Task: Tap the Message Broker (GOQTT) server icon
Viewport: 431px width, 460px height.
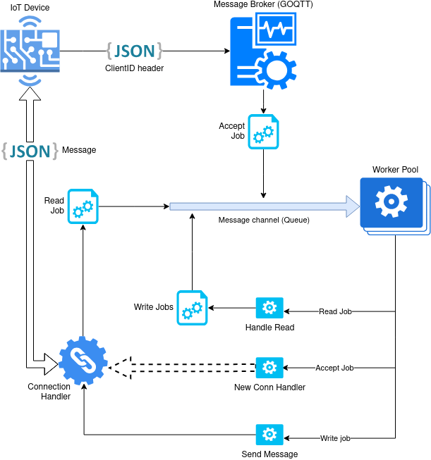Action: pos(263,53)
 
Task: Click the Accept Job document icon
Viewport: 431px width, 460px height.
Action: pos(263,132)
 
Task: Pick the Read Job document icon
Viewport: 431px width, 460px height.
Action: pos(83,206)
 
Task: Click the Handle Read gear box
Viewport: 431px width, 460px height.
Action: pos(269,308)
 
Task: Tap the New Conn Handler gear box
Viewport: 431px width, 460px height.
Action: pos(269,367)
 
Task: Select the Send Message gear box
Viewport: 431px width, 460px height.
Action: pos(269,434)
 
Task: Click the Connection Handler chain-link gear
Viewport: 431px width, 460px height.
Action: pos(83,361)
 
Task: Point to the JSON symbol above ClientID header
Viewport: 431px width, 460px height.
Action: pos(135,51)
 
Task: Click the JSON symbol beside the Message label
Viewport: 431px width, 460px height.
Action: pos(29,151)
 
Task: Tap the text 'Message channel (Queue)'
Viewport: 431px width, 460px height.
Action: pos(264,220)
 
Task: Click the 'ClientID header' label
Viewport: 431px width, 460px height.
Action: pos(134,68)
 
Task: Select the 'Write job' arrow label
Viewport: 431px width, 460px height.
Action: pos(335,438)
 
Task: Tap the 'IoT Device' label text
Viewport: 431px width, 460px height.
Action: pos(29,6)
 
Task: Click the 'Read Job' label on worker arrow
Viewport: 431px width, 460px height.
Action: pos(336,311)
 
